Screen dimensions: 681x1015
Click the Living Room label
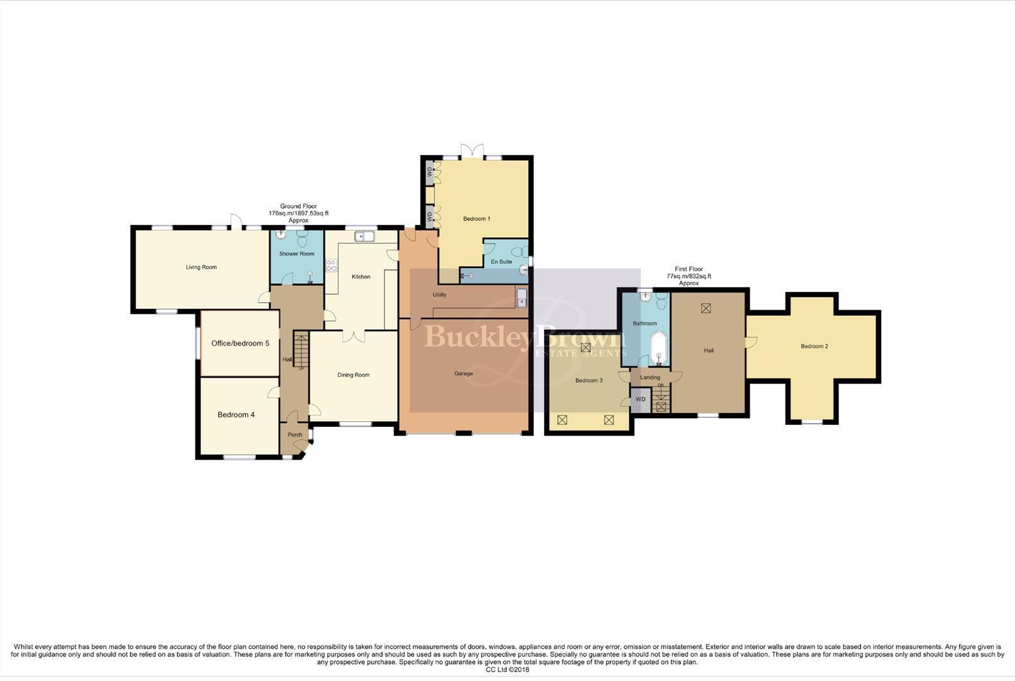pyautogui.click(x=201, y=267)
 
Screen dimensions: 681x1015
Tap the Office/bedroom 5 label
pyautogui.click(x=240, y=344)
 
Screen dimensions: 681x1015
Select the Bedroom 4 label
pyautogui.click(x=236, y=415)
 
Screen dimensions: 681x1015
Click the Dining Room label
pyautogui.click(x=353, y=375)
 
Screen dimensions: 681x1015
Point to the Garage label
pyautogui.click(x=463, y=374)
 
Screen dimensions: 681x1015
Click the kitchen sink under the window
pyautogui.click(x=364, y=237)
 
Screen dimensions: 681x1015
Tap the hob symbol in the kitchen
pyautogui.click(x=332, y=265)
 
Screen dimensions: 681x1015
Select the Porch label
pyautogui.click(x=294, y=435)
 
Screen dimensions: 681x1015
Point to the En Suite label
pyautogui.click(x=501, y=262)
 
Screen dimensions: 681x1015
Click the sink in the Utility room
pyautogui.click(x=521, y=298)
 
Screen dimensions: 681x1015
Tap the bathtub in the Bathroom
pyautogui.click(x=659, y=349)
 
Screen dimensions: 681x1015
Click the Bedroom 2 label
pyautogui.click(x=814, y=346)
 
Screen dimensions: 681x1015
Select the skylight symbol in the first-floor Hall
pyautogui.click(x=705, y=308)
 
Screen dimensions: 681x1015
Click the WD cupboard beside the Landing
pyautogui.click(x=641, y=400)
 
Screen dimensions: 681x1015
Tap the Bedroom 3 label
pyautogui.click(x=589, y=381)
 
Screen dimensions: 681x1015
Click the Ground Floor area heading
pyautogui.click(x=298, y=213)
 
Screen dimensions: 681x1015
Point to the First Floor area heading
pyautogui.click(x=688, y=276)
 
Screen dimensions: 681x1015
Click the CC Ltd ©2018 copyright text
pyautogui.click(x=507, y=670)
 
